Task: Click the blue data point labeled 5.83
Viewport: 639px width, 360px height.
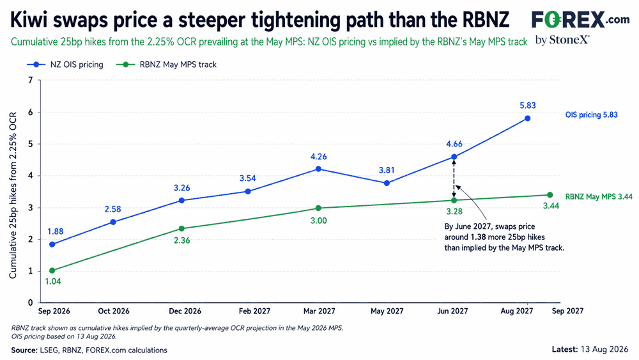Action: point(527,118)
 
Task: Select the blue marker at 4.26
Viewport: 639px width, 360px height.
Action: point(319,169)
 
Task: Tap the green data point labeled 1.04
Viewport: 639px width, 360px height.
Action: point(52,270)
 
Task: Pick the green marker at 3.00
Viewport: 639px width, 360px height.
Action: point(319,208)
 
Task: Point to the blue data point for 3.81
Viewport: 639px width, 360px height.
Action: point(387,183)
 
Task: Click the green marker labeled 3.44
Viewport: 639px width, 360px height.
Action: point(550,195)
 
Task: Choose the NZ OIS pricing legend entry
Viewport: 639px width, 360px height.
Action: point(65,65)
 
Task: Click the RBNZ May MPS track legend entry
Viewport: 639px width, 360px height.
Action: point(166,65)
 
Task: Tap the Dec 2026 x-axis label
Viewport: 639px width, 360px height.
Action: point(185,311)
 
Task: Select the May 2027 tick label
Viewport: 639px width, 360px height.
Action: point(387,311)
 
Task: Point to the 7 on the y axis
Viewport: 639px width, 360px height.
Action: point(31,80)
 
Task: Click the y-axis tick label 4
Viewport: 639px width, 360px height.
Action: point(31,176)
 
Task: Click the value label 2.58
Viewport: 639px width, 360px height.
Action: point(113,209)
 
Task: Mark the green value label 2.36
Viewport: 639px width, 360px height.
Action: point(181,240)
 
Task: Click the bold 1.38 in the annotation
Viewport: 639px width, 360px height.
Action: point(479,237)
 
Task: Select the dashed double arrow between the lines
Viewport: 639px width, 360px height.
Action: point(454,178)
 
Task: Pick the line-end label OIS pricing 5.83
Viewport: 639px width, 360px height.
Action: point(591,114)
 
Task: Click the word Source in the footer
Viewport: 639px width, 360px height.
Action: point(24,350)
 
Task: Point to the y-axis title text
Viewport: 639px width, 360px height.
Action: point(13,195)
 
